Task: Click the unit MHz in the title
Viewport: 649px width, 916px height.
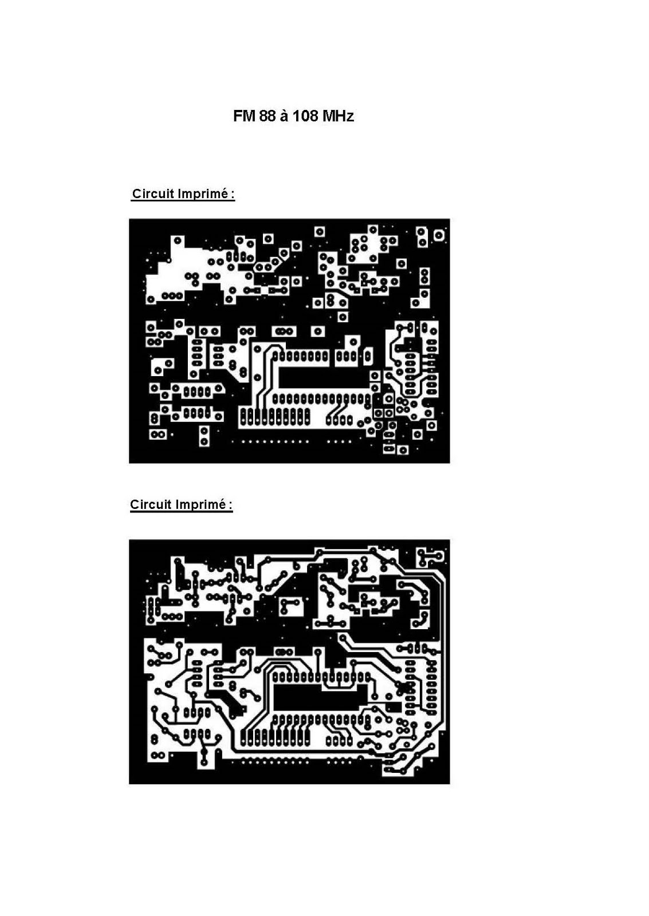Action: point(338,117)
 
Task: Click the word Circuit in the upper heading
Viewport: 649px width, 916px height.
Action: point(153,194)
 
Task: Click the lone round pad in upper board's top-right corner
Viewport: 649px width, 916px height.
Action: point(439,235)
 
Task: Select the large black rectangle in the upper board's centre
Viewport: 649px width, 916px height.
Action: point(323,377)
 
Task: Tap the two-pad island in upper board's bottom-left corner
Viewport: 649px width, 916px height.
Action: point(158,435)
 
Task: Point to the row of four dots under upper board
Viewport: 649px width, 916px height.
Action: point(339,441)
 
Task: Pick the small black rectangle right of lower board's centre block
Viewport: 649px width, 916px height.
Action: point(394,706)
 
